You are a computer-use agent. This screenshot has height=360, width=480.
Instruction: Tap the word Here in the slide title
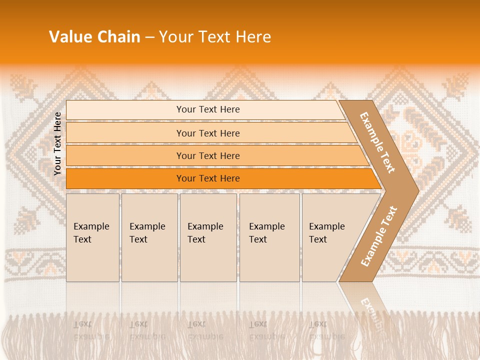tap(253, 37)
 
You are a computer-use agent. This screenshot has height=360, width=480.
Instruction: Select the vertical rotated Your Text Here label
tap(57, 143)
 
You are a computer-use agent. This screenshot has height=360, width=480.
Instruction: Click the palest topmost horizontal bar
tap(207, 109)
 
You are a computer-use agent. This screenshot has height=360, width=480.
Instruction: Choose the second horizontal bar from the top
tap(207, 133)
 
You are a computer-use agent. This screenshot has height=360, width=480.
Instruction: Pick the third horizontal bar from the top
tap(207, 155)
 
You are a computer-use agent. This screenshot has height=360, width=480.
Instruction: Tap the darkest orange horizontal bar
tap(207, 178)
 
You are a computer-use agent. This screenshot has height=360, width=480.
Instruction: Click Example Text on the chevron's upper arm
tap(377, 142)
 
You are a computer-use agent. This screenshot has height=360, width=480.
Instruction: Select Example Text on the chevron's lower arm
tap(379, 236)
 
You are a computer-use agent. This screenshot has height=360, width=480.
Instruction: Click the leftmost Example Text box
tap(92, 237)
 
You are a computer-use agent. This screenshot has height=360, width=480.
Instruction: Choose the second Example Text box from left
tap(149, 237)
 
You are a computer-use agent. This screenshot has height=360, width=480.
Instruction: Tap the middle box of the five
tap(208, 237)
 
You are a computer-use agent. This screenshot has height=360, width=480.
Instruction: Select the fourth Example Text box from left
tap(269, 237)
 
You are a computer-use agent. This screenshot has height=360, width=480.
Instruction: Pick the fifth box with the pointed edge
tap(330, 237)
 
